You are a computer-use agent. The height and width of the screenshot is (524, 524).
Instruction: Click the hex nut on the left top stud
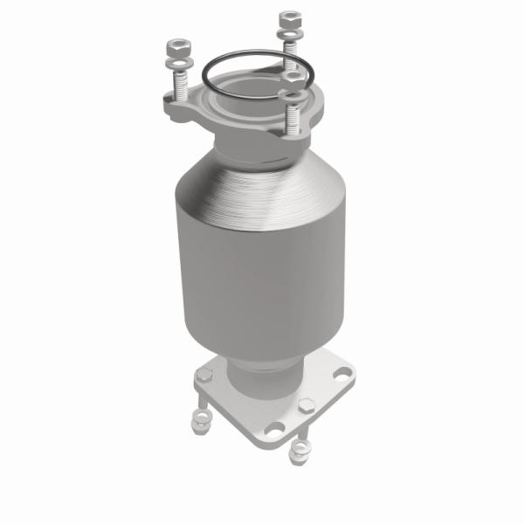point(177,45)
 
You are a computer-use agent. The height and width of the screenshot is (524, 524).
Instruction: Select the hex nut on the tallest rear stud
point(289,18)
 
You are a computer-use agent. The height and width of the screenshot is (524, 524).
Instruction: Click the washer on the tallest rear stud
point(289,35)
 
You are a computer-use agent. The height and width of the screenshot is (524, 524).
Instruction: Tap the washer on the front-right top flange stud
point(293,95)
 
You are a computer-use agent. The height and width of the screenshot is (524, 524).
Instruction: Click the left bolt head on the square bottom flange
point(204,376)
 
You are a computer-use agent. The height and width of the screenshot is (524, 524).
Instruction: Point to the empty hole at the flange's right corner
point(341,373)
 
